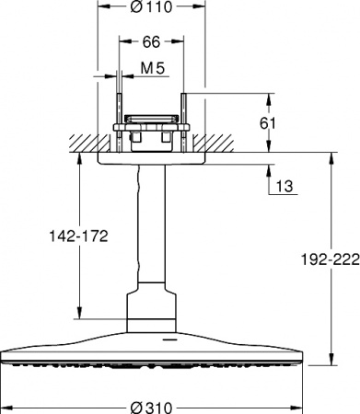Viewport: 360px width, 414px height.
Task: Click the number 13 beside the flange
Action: click(x=285, y=187)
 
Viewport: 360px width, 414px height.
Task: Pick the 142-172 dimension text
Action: click(x=77, y=236)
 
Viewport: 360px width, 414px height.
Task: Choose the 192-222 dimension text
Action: click(x=327, y=260)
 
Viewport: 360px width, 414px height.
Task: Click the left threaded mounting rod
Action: click(x=120, y=115)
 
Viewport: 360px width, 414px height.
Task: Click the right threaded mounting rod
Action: click(x=186, y=115)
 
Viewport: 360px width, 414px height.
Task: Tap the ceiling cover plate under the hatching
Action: click(x=153, y=157)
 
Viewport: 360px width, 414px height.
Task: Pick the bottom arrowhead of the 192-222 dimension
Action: click(x=330, y=359)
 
